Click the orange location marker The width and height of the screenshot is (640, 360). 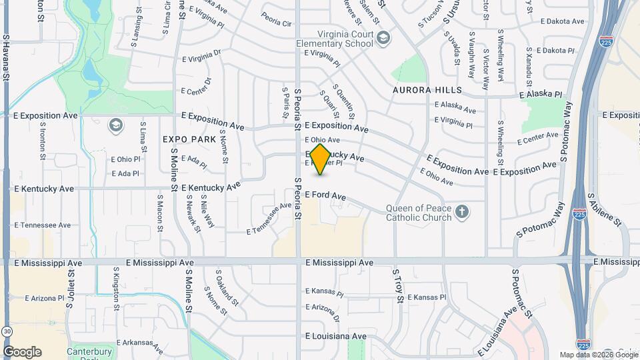coord(321,159)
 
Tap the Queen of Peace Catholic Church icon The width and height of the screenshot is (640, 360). coord(463,213)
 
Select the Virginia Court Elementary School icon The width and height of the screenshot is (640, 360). coord(383,39)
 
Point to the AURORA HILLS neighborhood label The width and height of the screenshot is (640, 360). coord(427,90)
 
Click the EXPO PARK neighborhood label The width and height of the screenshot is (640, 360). coord(190,139)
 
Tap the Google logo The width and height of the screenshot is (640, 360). coord(22,351)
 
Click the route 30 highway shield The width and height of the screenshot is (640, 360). coord(6,331)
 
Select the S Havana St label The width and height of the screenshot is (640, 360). coord(6,59)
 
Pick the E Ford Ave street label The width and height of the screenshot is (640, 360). coord(325,196)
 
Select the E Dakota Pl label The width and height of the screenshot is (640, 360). coord(549,51)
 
